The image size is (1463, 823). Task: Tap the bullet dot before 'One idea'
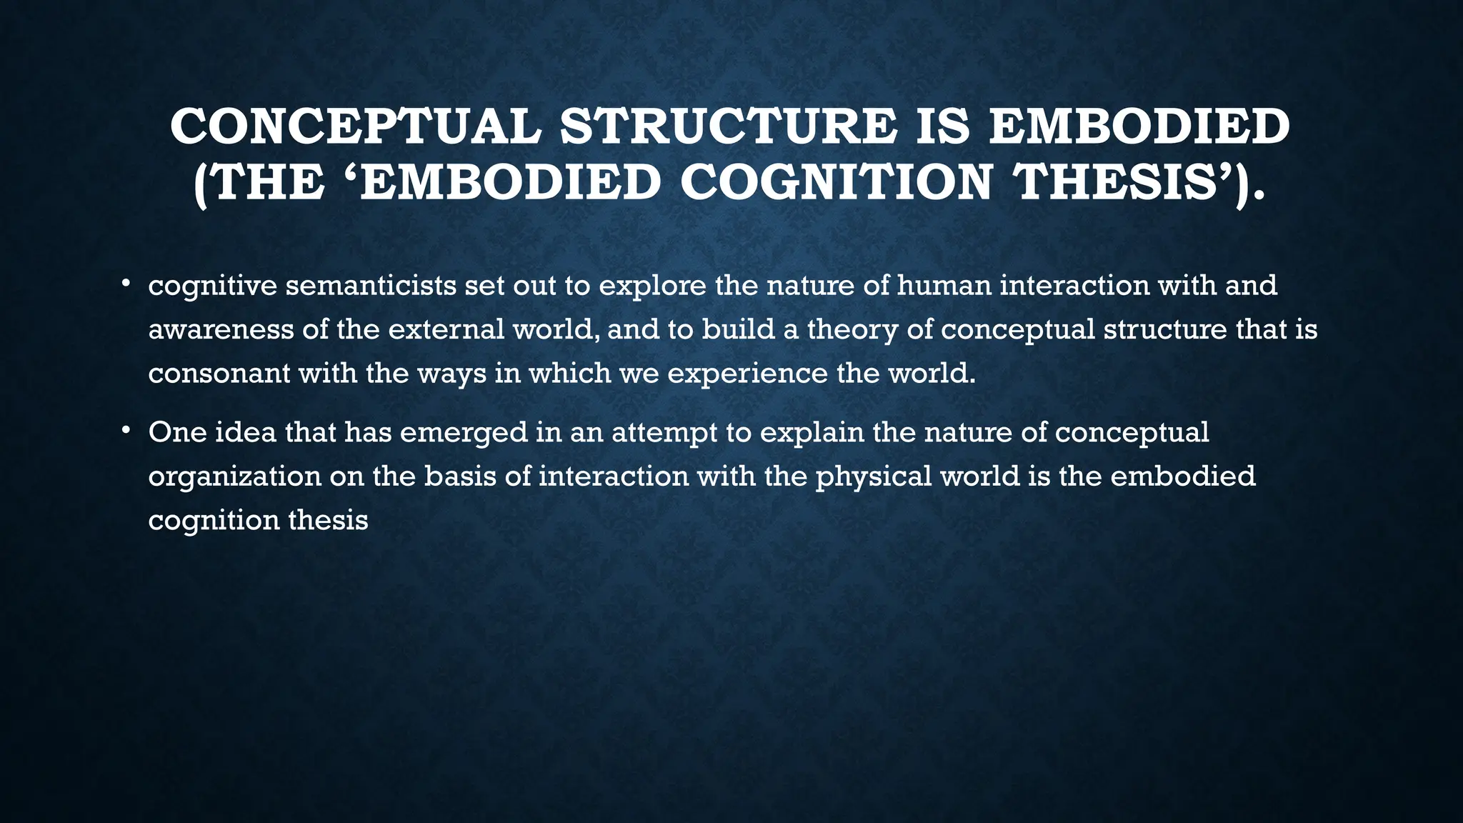coord(125,430)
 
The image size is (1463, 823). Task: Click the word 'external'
coord(446,330)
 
